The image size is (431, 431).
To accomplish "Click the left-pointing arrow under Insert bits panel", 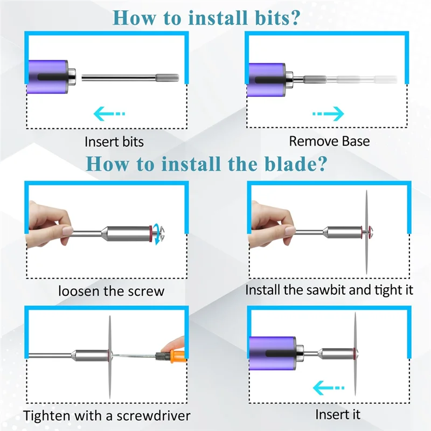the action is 109,114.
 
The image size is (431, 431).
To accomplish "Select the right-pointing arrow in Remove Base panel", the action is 328,114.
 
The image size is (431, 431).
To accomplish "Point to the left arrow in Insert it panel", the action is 329,388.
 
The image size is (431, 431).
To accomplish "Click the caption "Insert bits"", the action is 114,142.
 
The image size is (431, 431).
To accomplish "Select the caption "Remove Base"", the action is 329,141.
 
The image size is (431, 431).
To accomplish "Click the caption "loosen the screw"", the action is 112,291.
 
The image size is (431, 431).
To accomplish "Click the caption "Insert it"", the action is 338,414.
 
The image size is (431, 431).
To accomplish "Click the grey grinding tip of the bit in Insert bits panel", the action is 168,78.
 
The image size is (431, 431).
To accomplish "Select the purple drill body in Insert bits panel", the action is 47,77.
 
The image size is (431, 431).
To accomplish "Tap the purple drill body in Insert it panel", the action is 273,353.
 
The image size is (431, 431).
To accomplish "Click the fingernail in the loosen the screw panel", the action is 68,231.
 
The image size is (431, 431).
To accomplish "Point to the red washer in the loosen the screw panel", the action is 150,234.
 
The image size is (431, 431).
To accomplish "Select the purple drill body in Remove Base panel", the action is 266,80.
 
